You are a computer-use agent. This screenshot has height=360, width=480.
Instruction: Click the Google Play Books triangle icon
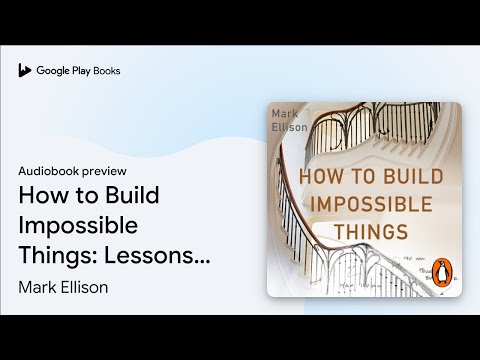click(25, 71)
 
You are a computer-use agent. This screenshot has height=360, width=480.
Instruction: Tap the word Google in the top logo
click(52, 71)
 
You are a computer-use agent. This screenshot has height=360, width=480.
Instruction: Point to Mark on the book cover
click(286, 114)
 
